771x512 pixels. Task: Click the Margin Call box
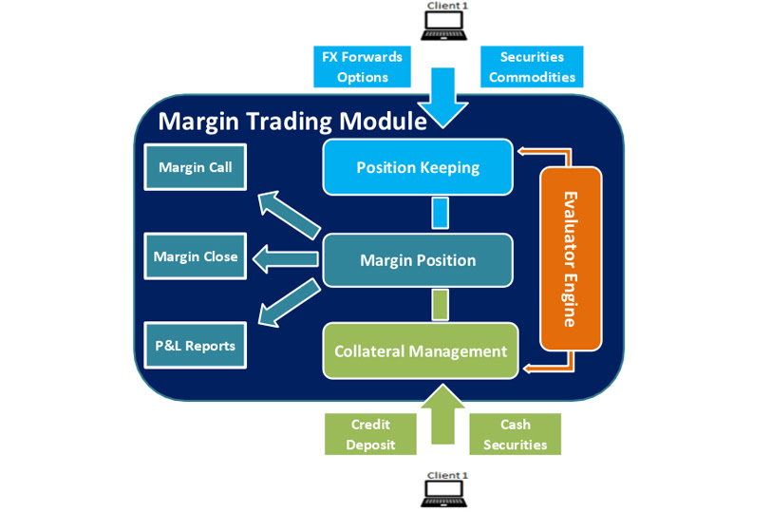pos(195,168)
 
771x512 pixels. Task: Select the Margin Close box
pos(195,256)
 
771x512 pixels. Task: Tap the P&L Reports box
pos(195,346)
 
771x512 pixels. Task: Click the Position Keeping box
pos(418,168)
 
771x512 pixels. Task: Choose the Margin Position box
pos(418,260)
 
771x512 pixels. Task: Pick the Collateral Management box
pos(421,351)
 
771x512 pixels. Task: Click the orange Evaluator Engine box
pos(571,258)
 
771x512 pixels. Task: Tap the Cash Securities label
pos(515,434)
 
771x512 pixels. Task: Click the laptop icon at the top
pos(445,21)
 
